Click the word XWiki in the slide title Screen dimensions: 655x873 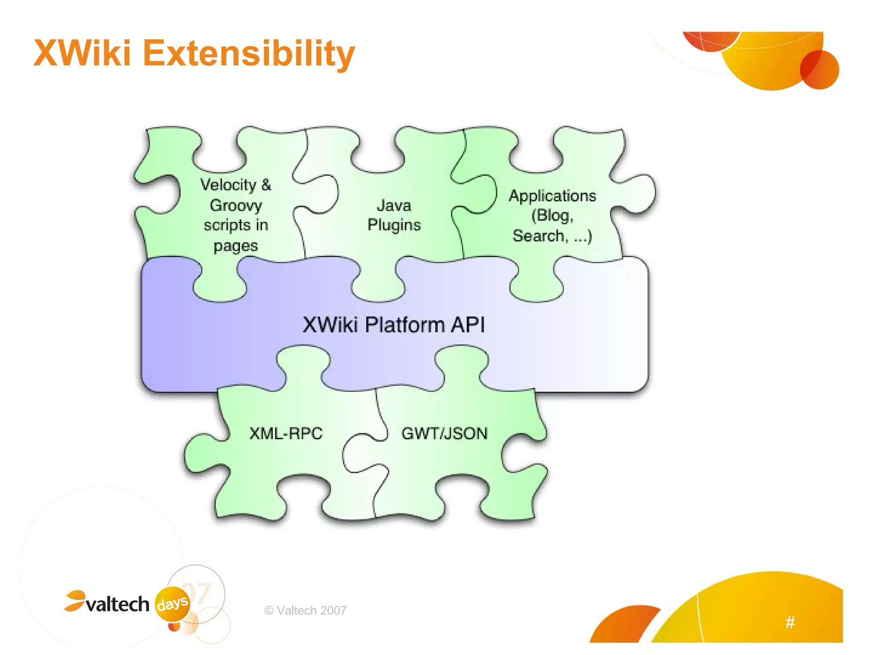82,53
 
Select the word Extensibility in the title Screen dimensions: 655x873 249,54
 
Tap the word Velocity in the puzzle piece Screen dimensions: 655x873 228,185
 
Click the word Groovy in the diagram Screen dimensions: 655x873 236,206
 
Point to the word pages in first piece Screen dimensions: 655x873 235,246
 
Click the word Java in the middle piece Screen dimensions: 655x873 394,206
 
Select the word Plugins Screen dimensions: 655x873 394,225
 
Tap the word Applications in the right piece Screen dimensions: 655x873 552,196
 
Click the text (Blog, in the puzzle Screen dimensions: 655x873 552,215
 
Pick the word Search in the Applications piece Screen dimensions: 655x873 538,236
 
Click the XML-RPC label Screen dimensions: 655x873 286,433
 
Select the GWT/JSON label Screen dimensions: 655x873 444,433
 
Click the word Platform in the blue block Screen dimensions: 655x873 405,325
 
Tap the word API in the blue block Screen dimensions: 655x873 468,325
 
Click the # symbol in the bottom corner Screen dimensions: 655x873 790,622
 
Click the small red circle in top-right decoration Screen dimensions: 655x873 819,70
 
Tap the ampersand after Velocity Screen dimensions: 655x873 266,185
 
